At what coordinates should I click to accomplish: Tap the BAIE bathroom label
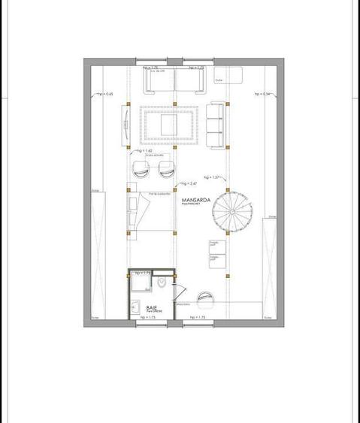(152, 307)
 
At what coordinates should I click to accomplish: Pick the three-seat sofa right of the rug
(215, 123)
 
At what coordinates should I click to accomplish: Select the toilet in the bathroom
(163, 282)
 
